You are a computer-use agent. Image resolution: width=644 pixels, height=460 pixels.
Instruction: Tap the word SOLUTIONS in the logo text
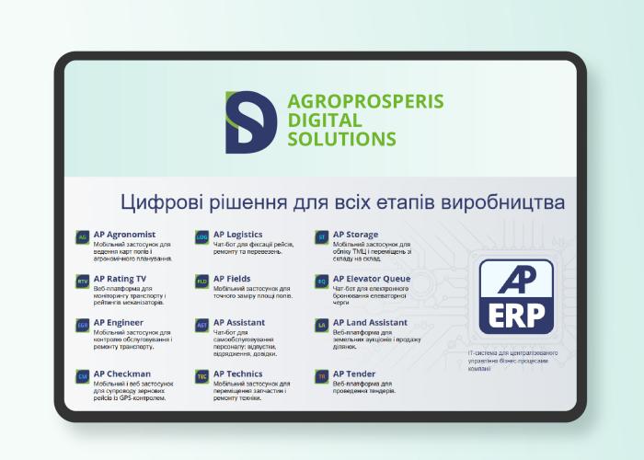[341, 139]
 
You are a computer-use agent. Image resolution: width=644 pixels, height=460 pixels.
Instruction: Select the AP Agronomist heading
[124, 235]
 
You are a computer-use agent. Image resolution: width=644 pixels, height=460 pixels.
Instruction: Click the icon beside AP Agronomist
[83, 236]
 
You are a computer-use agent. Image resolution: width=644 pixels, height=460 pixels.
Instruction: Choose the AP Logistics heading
[238, 235]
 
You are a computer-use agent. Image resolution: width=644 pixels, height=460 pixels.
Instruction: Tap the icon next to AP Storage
[322, 236]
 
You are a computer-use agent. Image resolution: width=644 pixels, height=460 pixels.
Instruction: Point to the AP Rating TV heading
[120, 279]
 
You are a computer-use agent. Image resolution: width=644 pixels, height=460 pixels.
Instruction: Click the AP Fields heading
[232, 279]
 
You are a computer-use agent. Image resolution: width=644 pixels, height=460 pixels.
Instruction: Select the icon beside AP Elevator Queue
[322, 281]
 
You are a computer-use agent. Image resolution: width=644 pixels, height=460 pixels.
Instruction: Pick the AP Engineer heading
[120, 323]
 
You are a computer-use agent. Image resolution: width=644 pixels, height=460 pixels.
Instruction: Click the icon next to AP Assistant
[202, 325]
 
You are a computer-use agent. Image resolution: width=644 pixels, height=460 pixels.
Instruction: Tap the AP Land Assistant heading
[370, 323]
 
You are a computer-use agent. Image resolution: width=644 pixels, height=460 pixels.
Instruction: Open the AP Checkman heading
[121, 374]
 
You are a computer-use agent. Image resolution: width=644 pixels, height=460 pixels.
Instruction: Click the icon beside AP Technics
[202, 375]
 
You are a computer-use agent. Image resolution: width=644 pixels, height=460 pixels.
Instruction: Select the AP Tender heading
[354, 374]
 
